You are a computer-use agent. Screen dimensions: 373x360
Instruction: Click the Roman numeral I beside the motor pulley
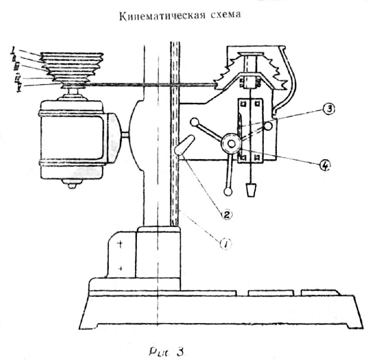click(x=13, y=50)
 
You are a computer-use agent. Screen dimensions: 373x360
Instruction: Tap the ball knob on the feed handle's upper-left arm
click(x=195, y=123)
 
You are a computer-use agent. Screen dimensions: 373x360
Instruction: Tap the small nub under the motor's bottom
click(x=72, y=186)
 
